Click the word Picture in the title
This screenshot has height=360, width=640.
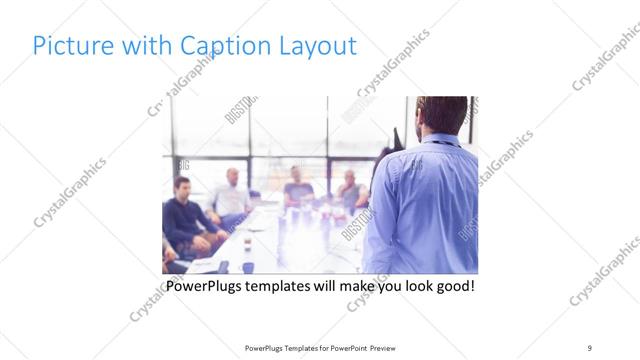(x=69, y=46)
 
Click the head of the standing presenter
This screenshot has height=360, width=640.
(x=442, y=117)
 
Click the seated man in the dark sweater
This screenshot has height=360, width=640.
(x=185, y=215)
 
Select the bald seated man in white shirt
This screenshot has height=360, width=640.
(x=230, y=195)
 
